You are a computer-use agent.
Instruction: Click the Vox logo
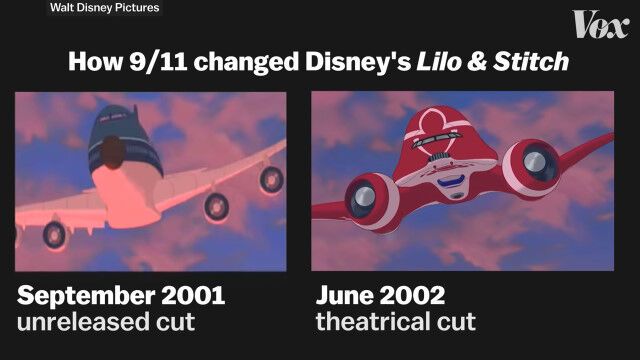point(600,24)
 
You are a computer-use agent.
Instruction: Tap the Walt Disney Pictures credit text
point(104,8)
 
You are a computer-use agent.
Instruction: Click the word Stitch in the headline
point(531,62)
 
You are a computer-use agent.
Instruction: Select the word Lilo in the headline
point(438,62)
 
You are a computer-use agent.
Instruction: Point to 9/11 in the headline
point(159,62)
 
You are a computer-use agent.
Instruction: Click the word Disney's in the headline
point(358,62)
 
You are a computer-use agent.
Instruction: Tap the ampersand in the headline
point(476,62)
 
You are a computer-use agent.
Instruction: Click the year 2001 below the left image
point(193,295)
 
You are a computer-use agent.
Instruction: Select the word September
point(86,296)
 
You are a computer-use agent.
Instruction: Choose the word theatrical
point(373,322)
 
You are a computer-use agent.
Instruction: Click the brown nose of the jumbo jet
point(113,152)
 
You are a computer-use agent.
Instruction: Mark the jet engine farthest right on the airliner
point(271,180)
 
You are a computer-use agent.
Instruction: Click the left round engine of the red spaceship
point(371,199)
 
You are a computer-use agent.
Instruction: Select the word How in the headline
point(96,62)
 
